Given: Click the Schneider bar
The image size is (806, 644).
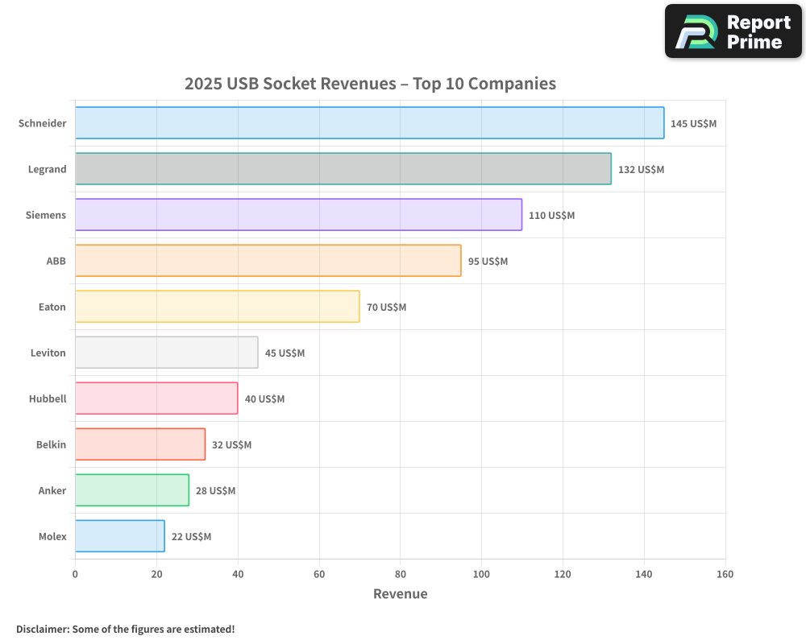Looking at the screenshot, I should [369, 123].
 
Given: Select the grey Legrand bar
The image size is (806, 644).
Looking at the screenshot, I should [343, 169].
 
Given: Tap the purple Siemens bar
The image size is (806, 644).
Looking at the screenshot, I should [298, 215].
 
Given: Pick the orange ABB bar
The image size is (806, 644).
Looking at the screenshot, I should [268, 261].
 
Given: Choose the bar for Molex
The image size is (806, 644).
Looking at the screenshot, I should [119, 536].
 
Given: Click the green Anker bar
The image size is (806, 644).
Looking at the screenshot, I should [131, 490].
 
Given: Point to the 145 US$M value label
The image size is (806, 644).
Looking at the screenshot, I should [693, 124].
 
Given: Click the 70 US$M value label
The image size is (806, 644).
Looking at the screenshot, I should [386, 308].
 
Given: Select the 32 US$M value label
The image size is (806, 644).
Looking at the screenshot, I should [231, 445].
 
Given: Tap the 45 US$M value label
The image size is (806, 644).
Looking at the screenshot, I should [285, 353].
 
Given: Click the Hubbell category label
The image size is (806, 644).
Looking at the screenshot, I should [48, 398].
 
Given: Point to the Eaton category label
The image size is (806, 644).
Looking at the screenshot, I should [52, 307].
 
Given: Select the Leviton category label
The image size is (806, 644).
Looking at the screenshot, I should [48, 353].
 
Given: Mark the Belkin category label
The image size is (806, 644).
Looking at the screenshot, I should [52, 444].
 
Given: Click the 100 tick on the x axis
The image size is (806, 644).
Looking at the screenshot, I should [481, 575].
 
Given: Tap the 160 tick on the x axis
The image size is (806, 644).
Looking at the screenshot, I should [725, 575].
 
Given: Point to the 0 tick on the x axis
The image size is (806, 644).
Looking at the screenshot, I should [75, 575].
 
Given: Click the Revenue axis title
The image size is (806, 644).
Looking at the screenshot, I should [400, 594].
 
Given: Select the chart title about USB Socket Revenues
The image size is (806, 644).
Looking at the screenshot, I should [370, 84].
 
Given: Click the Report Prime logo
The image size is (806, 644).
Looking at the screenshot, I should [733, 31].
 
